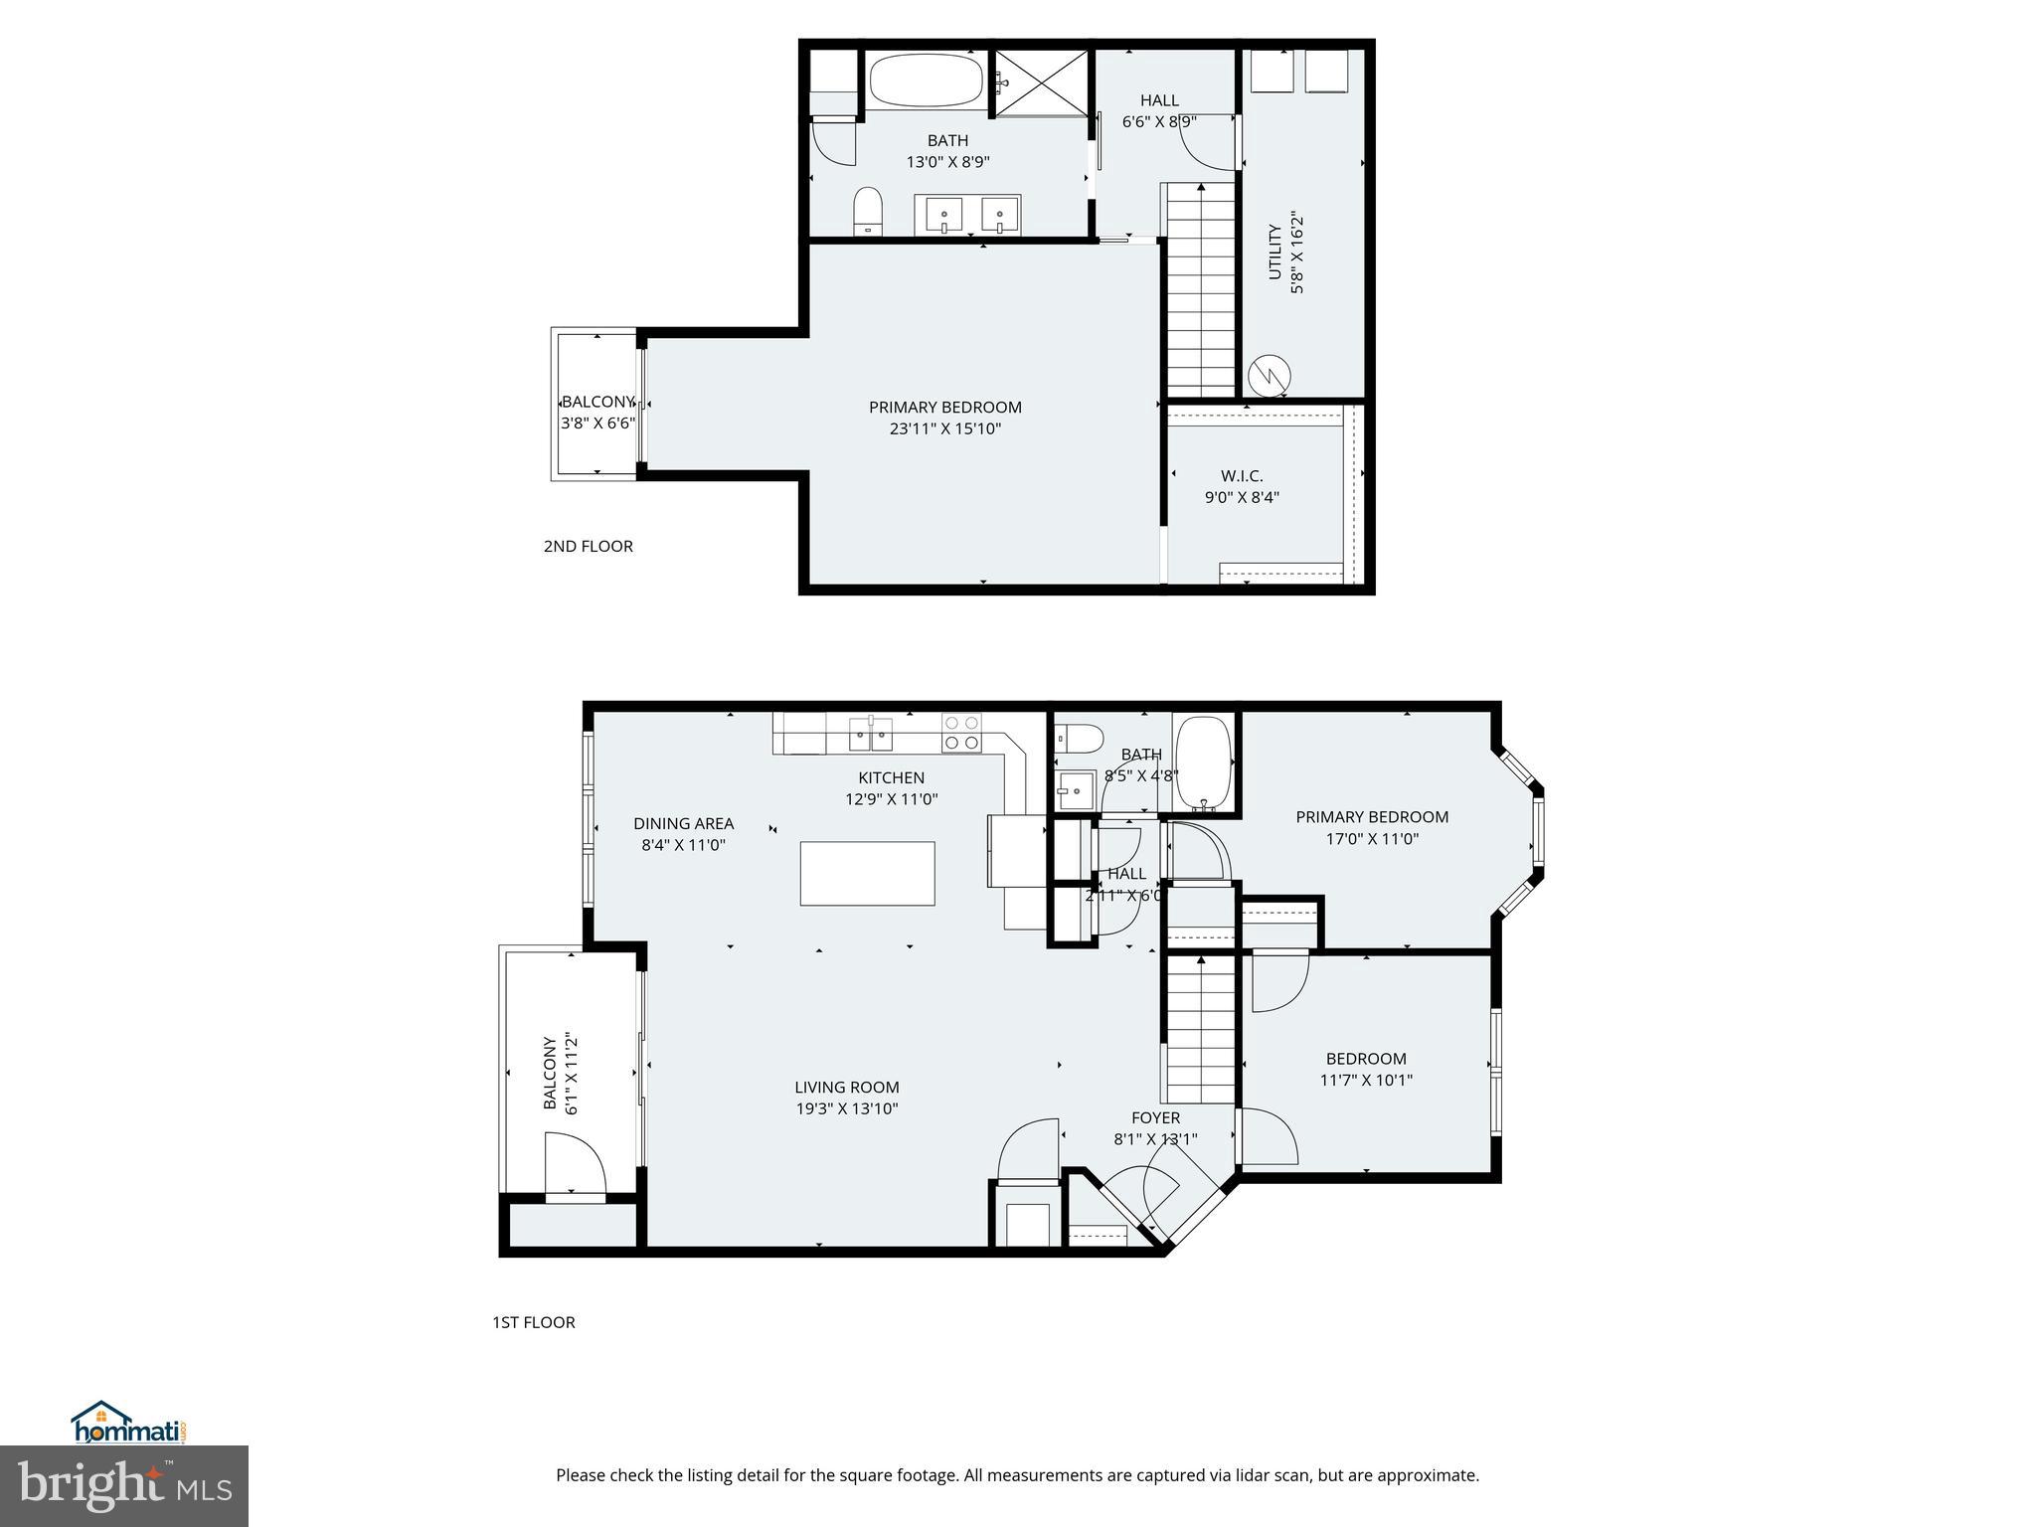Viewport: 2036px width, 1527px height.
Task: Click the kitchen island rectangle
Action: pyautogui.click(x=867, y=873)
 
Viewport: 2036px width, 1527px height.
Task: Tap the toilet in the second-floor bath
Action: pyautogui.click(x=868, y=210)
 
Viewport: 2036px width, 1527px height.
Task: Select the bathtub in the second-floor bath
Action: pyautogui.click(x=927, y=81)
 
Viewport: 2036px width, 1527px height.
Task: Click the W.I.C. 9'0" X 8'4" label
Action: pyautogui.click(x=1242, y=486)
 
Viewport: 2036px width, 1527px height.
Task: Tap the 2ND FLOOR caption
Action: pyautogui.click(x=588, y=546)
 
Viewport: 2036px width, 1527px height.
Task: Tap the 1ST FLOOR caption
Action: pyautogui.click(x=533, y=1322)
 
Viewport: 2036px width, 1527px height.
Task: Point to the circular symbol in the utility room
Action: pyautogui.click(x=1270, y=376)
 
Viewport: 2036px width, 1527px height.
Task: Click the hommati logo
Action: pyautogui.click(x=128, y=1423)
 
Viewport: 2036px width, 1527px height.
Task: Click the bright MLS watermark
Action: pyautogui.click(x=123, y=1485)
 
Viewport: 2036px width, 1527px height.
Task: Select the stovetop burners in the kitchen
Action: pyautogui.click(x=961, y=732)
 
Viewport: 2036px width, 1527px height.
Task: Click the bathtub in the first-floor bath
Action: pyautogui.click(x=1204, y=762)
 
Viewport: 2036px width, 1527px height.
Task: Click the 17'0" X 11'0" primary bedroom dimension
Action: pyautogui.click(x=1371, y=838)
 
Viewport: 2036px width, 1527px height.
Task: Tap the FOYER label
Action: pyautogui.click(x=1155, y=1117)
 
